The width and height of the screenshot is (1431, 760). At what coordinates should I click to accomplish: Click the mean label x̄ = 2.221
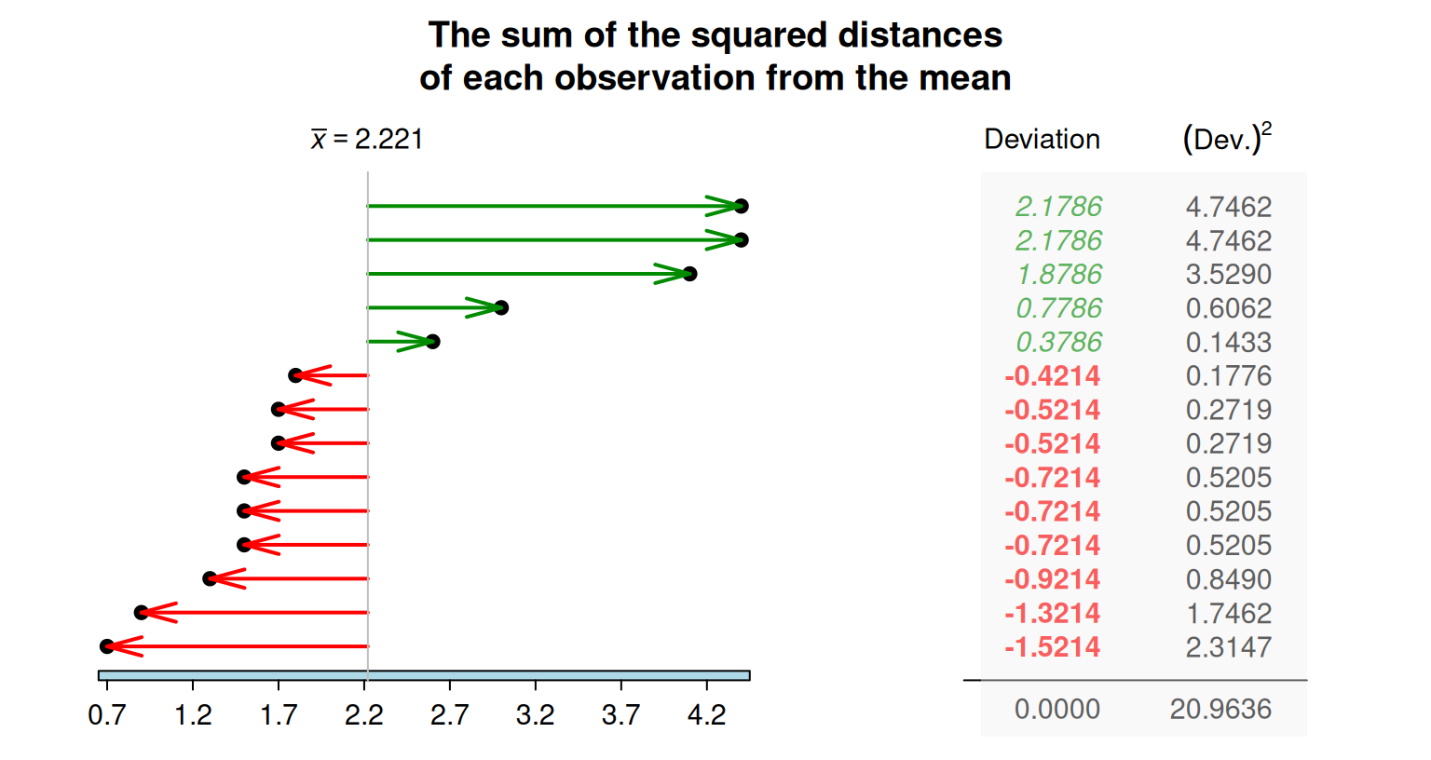click(x=367, y=140)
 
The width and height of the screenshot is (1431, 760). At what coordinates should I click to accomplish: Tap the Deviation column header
click(x=1042, y=140)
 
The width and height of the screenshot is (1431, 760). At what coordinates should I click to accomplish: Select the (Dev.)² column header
click(x=1227, y=139)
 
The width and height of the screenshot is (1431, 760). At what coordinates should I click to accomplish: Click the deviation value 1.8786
click(x=1058, y=275)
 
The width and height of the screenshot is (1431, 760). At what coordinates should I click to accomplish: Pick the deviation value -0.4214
click(x=1052, y=376)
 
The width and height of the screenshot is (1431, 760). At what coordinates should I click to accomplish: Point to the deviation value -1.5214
click(x=1052, y=647)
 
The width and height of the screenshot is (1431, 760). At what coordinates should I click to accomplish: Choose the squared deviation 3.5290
click(x=1228, y=275)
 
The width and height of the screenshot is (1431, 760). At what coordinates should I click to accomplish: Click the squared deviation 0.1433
click(x=1228, y=343)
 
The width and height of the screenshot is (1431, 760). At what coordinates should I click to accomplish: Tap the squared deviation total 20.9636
click(x=1220, y=710)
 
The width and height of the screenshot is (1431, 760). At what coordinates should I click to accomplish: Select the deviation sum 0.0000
click(x=1056, y=710)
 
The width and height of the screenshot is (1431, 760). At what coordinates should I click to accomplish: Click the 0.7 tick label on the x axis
click(x=107, y=715)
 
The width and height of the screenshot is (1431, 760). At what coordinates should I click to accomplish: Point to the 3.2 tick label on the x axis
click(x=535, y=715)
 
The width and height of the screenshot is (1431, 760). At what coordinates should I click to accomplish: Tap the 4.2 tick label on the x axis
click(x=706, y=715)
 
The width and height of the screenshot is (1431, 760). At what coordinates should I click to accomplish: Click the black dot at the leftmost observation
click(x=107, y=646)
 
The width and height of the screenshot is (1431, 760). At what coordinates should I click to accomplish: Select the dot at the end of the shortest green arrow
click(x=432, y=342)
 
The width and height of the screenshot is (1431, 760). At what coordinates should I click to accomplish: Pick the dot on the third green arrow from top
click(x=689, y=274)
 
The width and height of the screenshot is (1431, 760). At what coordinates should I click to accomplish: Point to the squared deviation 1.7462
click(x=1228, y=614)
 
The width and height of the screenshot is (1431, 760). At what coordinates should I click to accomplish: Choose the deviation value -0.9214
click(x=1052, y=579)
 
